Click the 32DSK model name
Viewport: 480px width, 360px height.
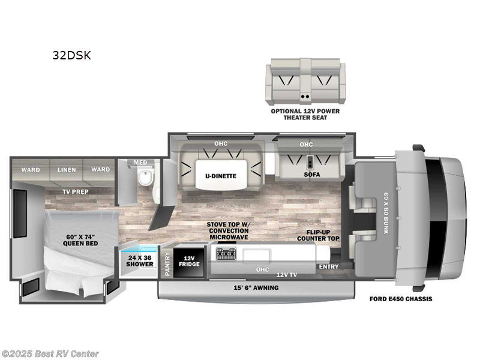pos(71,56)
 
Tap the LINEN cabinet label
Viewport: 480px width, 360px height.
pos(66,170)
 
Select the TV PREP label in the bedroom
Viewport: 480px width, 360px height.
pos(75,192)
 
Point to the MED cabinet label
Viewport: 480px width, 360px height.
pos(140,162)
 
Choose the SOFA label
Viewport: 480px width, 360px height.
pos(311,175)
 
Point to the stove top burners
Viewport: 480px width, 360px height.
pos(227,255)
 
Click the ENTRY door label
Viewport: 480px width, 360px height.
pos(328,266)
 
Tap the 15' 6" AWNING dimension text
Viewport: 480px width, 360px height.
pos(256,287)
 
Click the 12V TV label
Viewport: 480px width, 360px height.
pos(286,274)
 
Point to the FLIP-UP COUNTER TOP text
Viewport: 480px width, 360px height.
pos(318,235)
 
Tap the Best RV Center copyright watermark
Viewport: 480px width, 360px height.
pos(50,353)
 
